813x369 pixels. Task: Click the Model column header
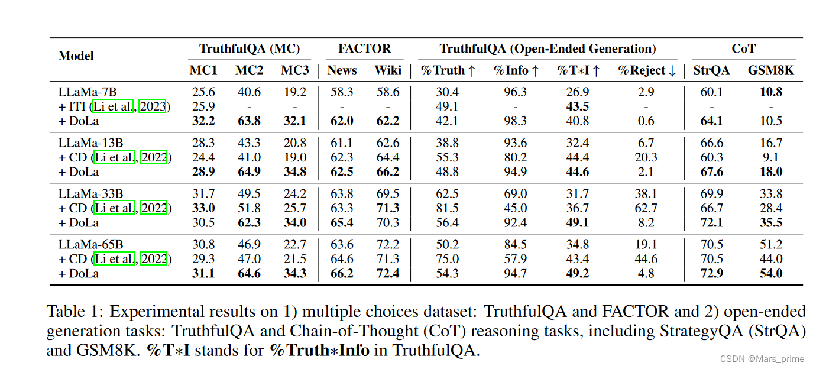[76, 56]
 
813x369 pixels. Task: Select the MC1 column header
[203, 70]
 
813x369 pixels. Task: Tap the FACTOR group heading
[364, 49]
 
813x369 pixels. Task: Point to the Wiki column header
[388, 70]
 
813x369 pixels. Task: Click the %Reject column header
[646, 70]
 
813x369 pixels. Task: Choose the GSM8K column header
[770, 70]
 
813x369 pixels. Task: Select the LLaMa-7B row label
[87, 92]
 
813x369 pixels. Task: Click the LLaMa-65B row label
[89, 245]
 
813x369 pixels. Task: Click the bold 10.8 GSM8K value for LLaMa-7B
[770, 92]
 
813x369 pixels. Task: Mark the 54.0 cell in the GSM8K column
[770, 273]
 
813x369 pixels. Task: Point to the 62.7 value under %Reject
[646, 208]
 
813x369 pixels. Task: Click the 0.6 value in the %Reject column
[646, 121]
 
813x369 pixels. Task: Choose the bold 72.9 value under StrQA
[711, 273]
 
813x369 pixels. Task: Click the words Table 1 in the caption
[74, 312]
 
